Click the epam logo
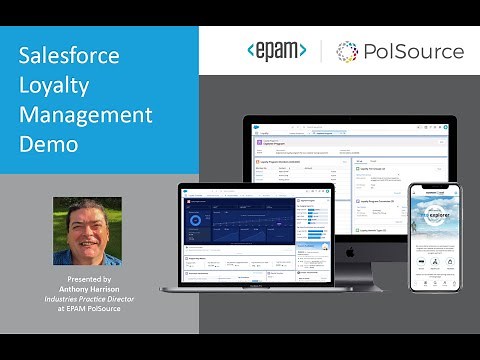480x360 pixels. click(x=275, y=50)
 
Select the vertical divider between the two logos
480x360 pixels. click(x=321, y=50)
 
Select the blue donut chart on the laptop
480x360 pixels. click(x=196, y=219)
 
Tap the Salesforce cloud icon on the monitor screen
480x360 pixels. click(x=252, y=123)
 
